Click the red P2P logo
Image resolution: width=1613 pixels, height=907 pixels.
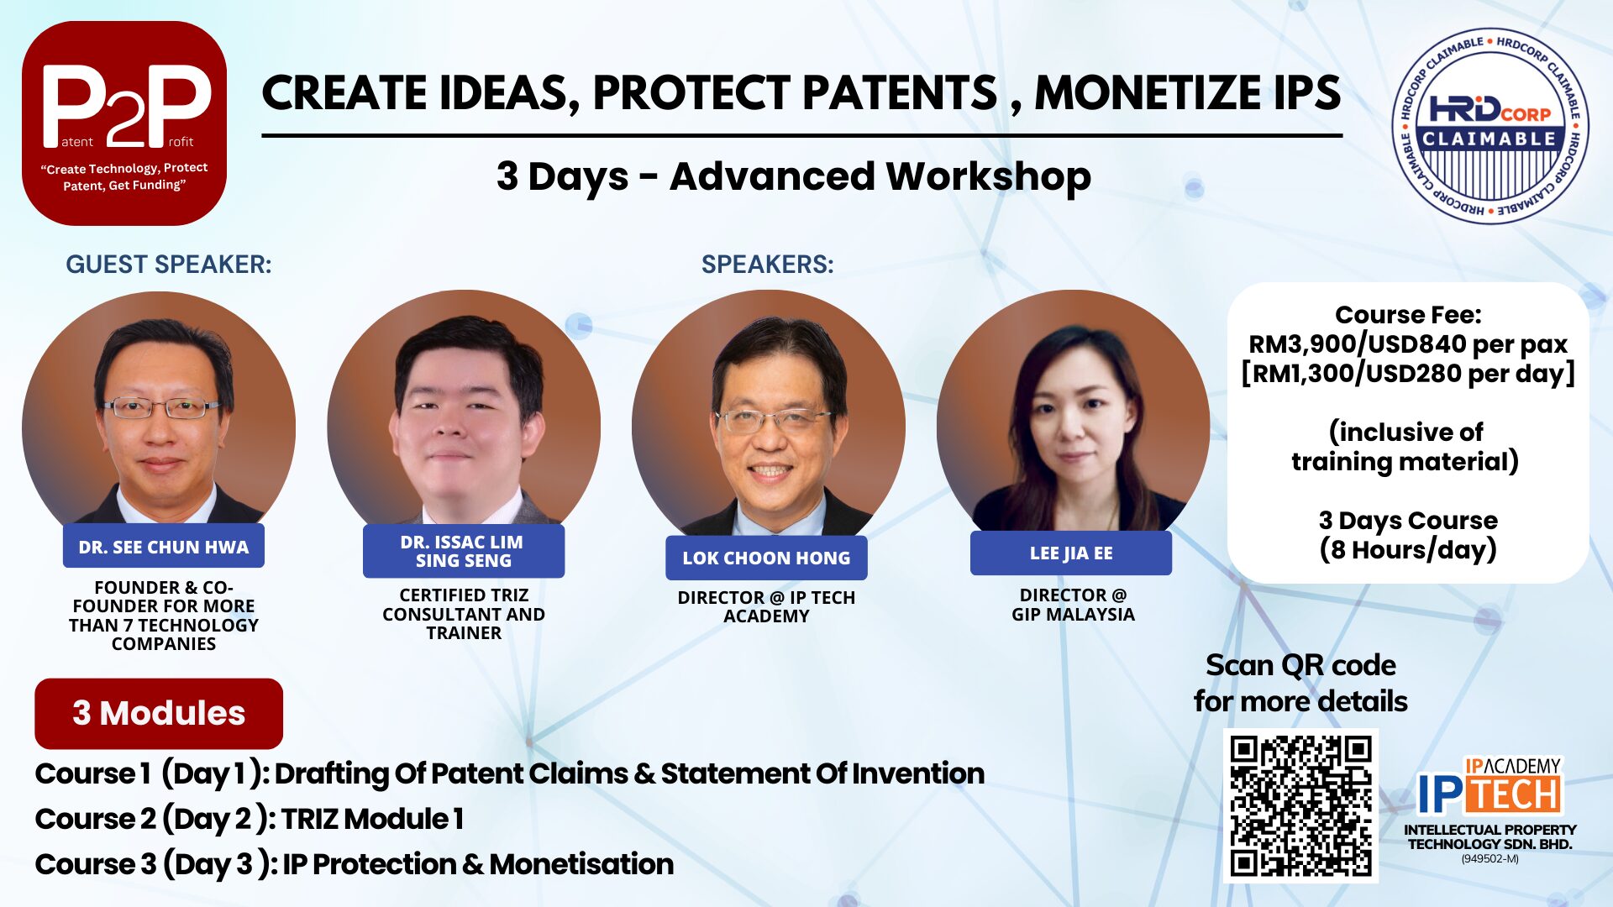(x=124, y=123)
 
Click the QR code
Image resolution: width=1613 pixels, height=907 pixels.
(x=1300, y=805)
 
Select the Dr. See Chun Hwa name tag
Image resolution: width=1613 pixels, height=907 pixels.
(x=164, y=547)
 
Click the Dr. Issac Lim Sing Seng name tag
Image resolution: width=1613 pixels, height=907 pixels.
(x=464, y=551)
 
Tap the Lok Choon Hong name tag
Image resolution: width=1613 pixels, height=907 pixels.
(x=766, y=558)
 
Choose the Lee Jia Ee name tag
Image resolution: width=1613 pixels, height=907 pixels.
(x=1071, y=553)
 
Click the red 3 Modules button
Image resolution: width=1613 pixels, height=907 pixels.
(x=159, y=713)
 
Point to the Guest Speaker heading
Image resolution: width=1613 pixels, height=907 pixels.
(x=169, y=265)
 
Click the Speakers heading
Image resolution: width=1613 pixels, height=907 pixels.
(x=768, y=265)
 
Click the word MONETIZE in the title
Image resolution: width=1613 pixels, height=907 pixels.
(x=1146, y=92)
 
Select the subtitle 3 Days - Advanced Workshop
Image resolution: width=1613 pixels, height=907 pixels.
(x=794, y=177)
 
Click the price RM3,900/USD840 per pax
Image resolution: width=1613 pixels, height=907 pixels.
(x=1408, y=343)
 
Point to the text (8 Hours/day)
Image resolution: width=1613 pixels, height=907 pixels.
(x=1408, y=550)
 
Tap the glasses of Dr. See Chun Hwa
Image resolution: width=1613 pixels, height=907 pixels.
(x=161, y=409)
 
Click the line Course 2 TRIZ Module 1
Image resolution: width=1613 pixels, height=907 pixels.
(x=250, y=819)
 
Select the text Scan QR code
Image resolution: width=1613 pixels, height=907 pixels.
(x=1300, y=665)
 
